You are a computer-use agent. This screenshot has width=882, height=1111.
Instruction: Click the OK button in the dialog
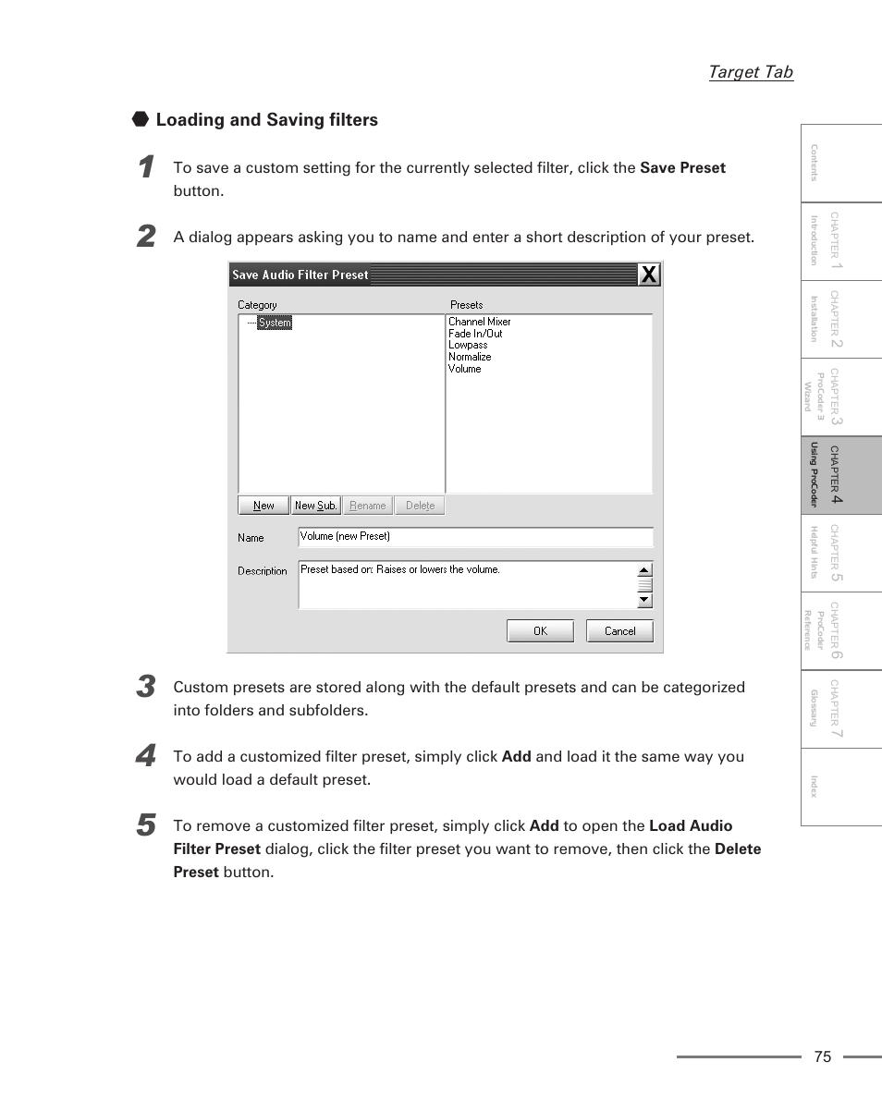click(x=540, y=631)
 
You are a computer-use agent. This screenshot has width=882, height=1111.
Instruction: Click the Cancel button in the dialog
click(x=619, y=631)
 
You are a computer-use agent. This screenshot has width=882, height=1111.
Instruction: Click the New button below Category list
click(x=263, y=506)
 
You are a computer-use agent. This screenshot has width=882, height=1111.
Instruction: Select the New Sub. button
click(x=315, y=506)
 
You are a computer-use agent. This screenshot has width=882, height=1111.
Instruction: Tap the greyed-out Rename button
click(x=368, y=506)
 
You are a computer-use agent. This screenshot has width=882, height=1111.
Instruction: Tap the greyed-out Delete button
click(x=420, y=506)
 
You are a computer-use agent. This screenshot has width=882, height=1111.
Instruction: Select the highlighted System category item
click(x=275, y=323)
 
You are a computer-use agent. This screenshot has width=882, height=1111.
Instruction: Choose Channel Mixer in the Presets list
click(x=479, y=322)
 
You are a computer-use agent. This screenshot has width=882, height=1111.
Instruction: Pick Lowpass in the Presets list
click(x=468, y=345)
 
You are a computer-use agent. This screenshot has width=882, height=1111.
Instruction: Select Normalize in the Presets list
click(x=470, y=357)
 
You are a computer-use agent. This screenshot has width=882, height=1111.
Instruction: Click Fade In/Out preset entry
click(x=475, y=334)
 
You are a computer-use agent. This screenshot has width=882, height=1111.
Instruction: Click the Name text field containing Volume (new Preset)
click(x=475, y=537)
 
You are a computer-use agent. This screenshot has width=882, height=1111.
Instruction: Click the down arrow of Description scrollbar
click(x=644, y=601)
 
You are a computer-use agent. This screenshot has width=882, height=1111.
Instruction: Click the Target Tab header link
click(x=750, y=72)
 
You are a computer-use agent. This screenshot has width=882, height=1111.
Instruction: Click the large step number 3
click(x=145, y=687)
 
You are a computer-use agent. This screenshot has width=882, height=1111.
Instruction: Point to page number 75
click(x=823, y=1057)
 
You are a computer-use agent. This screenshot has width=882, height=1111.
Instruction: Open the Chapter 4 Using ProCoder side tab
click(x=840, y=475)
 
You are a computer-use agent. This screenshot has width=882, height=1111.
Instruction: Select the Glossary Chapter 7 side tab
click(x=840, y=709)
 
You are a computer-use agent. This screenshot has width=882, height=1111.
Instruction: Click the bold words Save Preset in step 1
click(x=682, y=168)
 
